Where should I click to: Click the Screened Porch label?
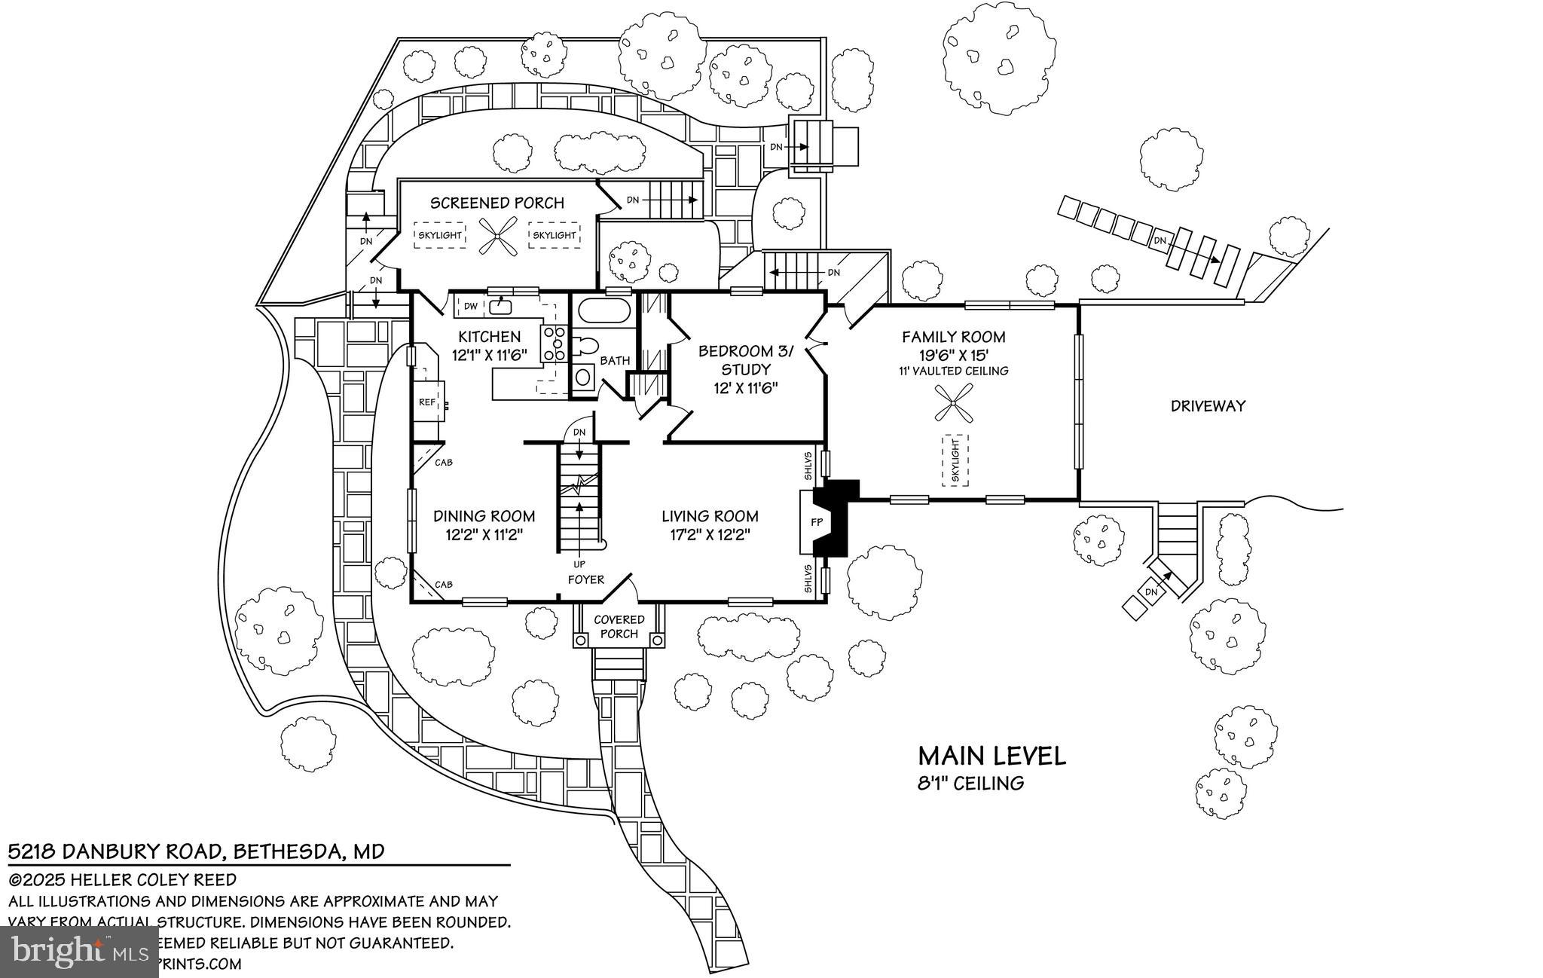497,203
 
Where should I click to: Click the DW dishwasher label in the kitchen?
470,306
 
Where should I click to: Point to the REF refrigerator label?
427,402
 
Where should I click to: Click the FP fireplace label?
816,521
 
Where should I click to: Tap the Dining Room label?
484,516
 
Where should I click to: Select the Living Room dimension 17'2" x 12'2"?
710,535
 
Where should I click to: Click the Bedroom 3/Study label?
746,359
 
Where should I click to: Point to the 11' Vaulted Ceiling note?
953,371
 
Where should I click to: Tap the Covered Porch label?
619,626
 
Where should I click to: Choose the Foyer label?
586,579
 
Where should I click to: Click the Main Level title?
991,756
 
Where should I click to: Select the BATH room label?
615,361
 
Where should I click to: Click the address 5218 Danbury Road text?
196,852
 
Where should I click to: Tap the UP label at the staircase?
579,564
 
